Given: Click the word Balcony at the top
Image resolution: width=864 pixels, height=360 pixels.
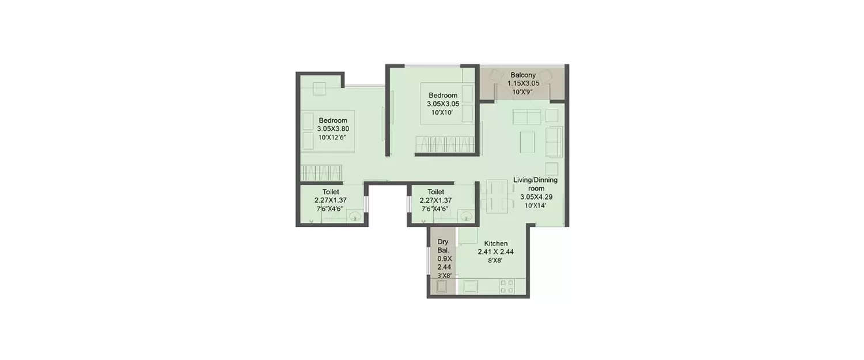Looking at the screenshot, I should pyautogui.click(x=523, y=75).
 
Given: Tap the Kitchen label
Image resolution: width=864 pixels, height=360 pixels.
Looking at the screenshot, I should pyautogui.click(x=495, y=244).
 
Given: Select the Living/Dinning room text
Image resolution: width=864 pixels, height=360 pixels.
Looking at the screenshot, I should pyautogui.click(x=535, y=184).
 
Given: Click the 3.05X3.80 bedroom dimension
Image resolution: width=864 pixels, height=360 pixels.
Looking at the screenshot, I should pyautogui.click(x=332, y=129).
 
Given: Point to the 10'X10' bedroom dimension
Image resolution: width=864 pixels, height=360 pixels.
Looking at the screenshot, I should pyautogui.click(x=442, y=112).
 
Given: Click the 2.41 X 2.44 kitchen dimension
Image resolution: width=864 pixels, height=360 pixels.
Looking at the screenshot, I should pyautogui.click(x=495, y=252).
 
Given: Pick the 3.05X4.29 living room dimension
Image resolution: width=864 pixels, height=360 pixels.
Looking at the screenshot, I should pyautogui.click(x=535, y=196).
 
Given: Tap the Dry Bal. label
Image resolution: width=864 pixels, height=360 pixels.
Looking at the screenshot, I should pyautogui.click(x=443, y=246).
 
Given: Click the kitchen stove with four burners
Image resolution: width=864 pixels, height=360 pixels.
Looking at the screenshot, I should pyautogui.click(x=507, y=286).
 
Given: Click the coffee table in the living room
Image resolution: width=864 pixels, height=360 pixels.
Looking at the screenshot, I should pyautogui.click(x=528, y=141).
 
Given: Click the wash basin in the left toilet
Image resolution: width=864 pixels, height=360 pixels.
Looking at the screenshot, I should pyautogui.click(x=355, y=217).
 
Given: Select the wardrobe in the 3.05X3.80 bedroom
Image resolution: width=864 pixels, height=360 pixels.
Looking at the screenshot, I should pyautogui.click(x=321, y=173).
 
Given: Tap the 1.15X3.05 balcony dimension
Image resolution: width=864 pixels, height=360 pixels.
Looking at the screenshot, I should pyautogui.click(x=523, y=84).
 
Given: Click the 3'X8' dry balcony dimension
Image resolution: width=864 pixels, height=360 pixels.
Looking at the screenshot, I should pyautogui.click(x=444, y=276).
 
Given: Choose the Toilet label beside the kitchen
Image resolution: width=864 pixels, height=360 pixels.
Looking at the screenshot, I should pyautogui.click(x=435, y=192).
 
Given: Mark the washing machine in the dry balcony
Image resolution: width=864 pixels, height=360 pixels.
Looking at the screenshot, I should pyautogui.click(x=442, y=286).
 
